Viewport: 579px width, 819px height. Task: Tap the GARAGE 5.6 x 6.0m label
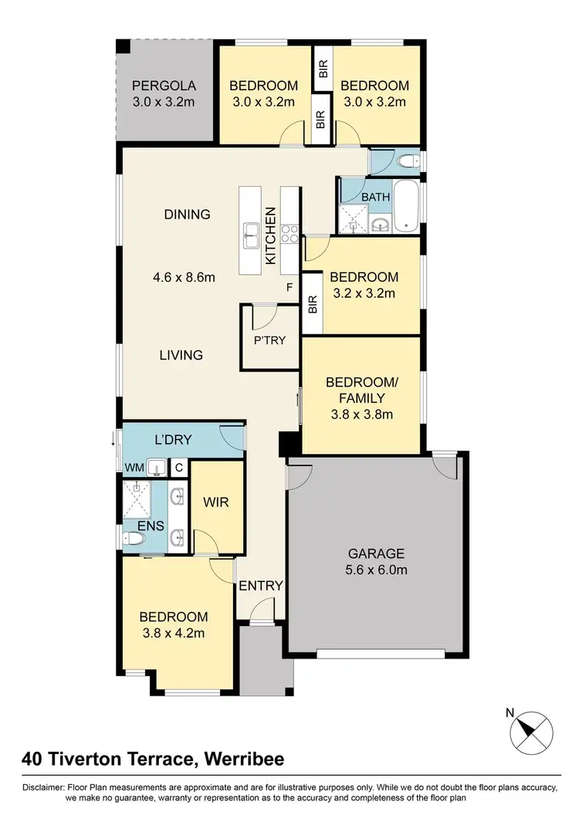click(377, 561)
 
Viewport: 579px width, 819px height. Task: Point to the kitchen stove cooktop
click(290, 232)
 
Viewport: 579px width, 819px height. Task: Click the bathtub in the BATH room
click(406, 206)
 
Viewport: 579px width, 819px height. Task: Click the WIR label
click(215, 502)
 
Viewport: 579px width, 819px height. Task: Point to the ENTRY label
click(261, 586)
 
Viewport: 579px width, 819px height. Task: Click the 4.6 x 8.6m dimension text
click(184, 276)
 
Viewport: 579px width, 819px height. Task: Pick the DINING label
click(187, 214)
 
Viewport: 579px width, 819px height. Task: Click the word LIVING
click(181, 355)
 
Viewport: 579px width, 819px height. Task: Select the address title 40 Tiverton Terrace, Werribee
click(153, 759)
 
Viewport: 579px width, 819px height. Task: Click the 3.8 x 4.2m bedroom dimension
click(173, 634)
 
